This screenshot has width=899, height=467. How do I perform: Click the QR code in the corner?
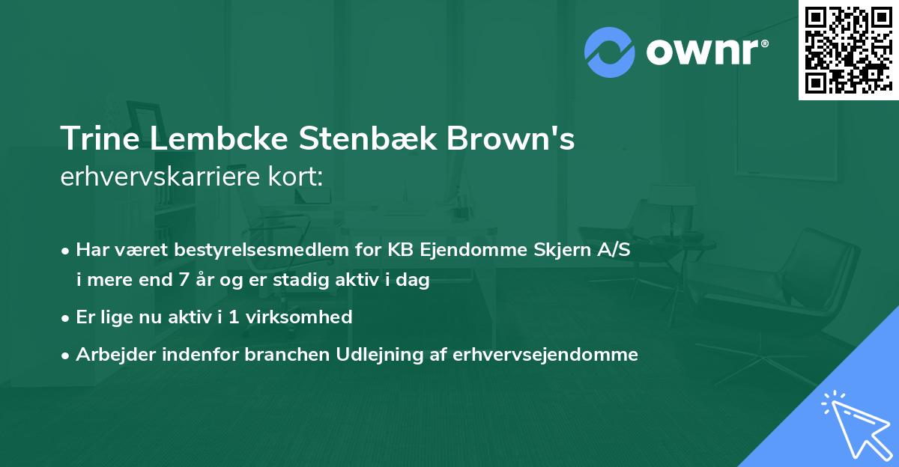[848, 49]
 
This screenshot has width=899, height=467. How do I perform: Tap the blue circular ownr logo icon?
[609, 52]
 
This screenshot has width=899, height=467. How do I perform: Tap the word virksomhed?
[306, 317]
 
